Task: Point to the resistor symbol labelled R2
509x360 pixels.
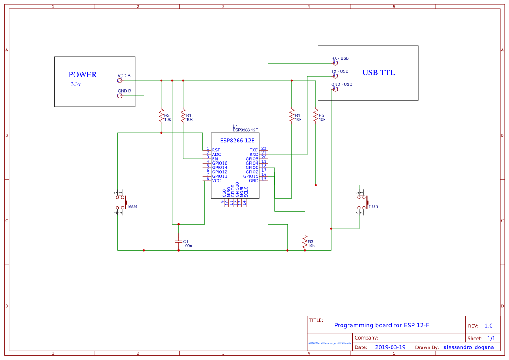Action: (305, 242)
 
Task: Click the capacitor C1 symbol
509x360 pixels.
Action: (178, 241)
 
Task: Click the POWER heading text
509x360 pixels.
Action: (83, 75)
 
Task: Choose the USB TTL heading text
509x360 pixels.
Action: (378, 73)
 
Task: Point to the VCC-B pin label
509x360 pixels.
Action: (124, 76)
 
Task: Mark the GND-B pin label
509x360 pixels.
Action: (124, 91)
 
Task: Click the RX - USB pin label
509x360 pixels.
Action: (340, 58)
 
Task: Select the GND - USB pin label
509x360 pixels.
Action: (342, 84)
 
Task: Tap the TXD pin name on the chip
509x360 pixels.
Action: (254, 150)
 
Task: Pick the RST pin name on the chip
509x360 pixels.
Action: (216, 150)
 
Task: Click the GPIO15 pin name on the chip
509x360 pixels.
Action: (251, 176)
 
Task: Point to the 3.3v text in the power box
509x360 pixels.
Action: (76, 84)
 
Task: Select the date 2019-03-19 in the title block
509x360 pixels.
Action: (390, 347)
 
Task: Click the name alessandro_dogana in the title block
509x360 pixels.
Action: (469, 347)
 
